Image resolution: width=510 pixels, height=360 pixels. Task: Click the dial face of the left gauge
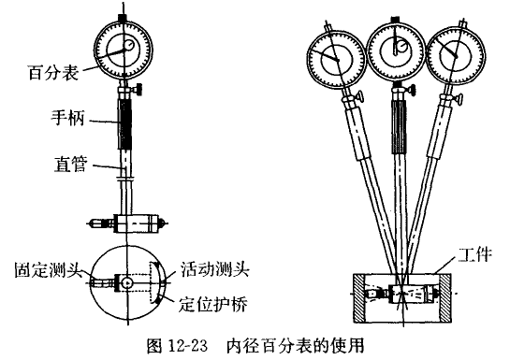[124, 49]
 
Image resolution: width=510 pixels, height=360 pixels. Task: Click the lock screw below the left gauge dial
[137, 90]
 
